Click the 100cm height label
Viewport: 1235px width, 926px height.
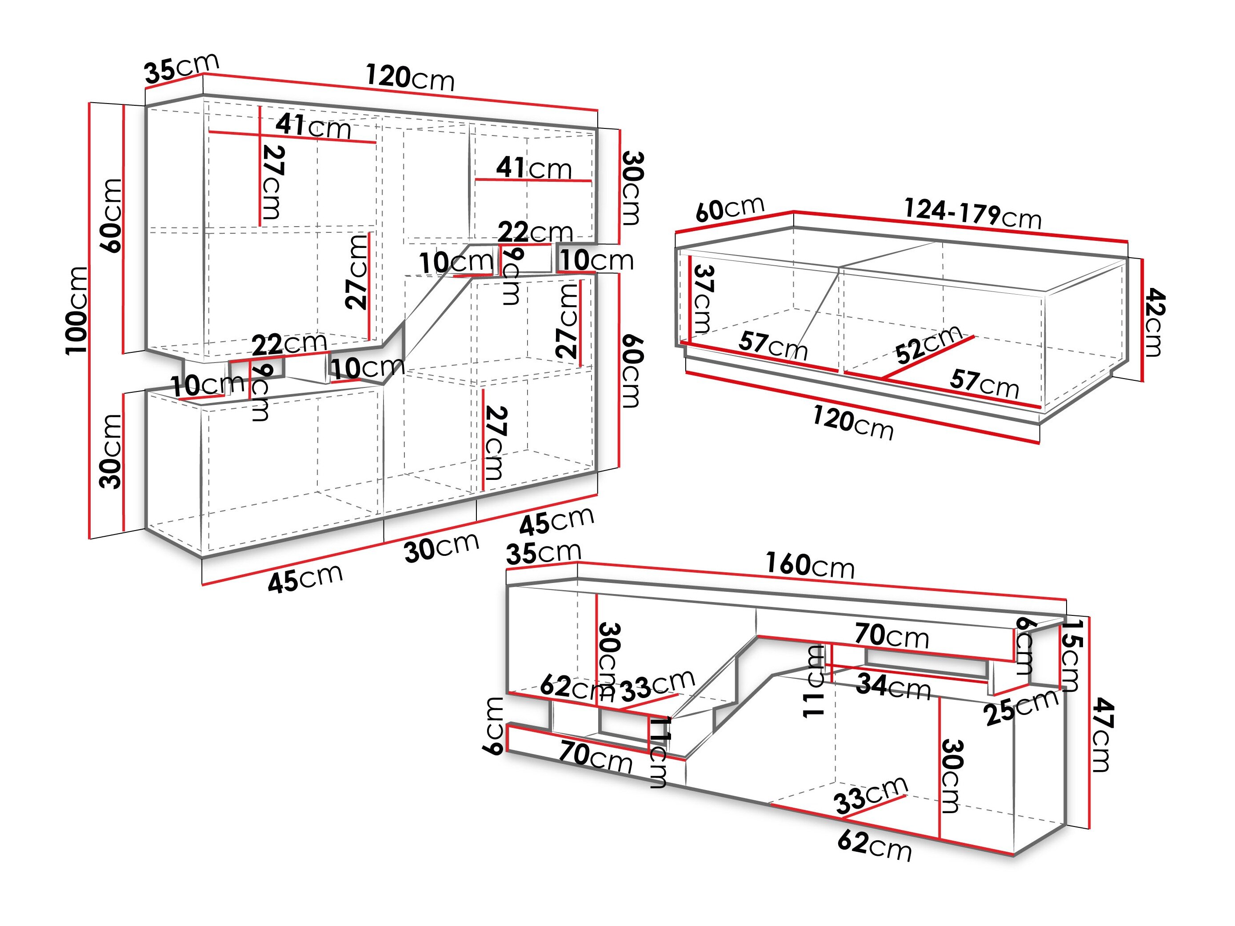click(x=77, y=310)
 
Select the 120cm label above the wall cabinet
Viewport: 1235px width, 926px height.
click(x=410, y=76)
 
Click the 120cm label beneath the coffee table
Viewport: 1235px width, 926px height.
click(x=852, y=423)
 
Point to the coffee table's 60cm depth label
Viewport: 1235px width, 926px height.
click(x=730, y=209)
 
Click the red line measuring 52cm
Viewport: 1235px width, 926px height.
click(x=928, y=357)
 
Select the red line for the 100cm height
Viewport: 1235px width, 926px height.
click(x=89, y=320)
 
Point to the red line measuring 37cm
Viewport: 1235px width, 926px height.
click(x=690, y=299)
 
